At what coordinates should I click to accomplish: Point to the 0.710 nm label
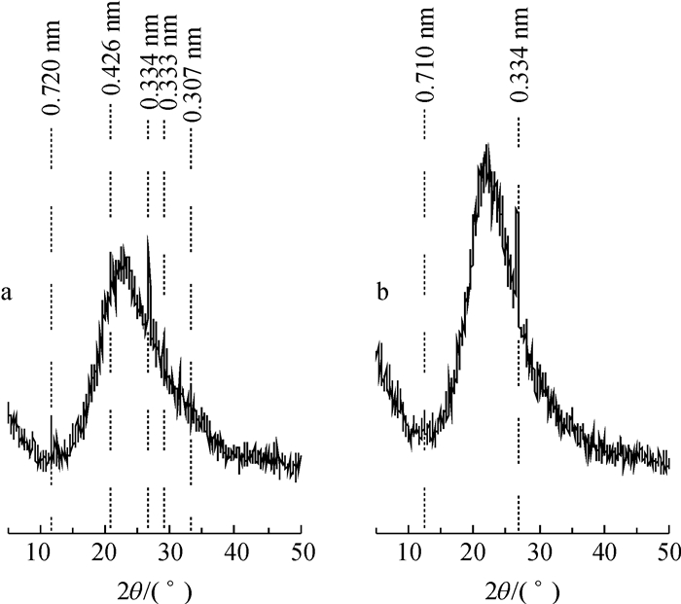[x=425, y=66]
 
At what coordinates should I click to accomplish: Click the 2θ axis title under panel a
[x=155, y=589]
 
